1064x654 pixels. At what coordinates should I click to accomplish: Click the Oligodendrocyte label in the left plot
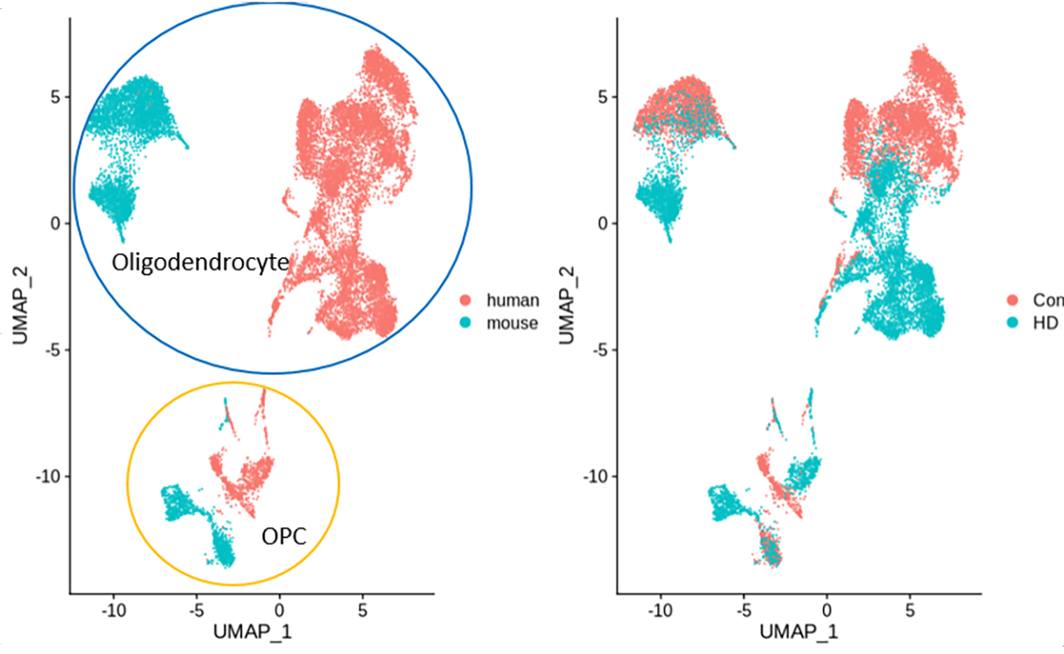pyautogui.click(x=200, y=262)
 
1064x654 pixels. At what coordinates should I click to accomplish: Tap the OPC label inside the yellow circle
pyautogui.click(x=283, y=536)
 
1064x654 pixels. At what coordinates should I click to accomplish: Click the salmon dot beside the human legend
pyautogui.click(x=467, y=301)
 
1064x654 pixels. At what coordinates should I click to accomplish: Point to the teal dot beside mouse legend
pyautogui.click(x=467, y=323)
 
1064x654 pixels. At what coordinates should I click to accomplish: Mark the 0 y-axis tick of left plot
pyautogui.click(x=57, y=224)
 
